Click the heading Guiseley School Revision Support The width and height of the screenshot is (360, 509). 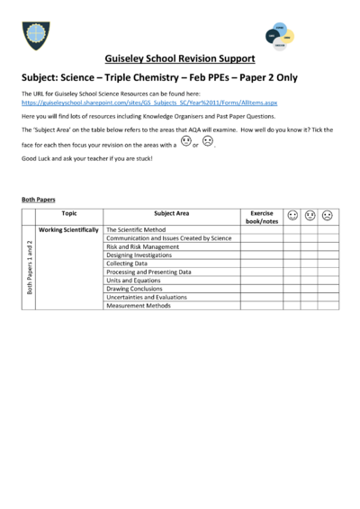coord(180,58)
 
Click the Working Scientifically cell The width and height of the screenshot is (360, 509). coord(69,230)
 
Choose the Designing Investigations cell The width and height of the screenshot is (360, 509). coord(140,255)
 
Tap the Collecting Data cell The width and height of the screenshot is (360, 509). coord(130,263)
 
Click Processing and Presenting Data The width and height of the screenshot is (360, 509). coord(148,272)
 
